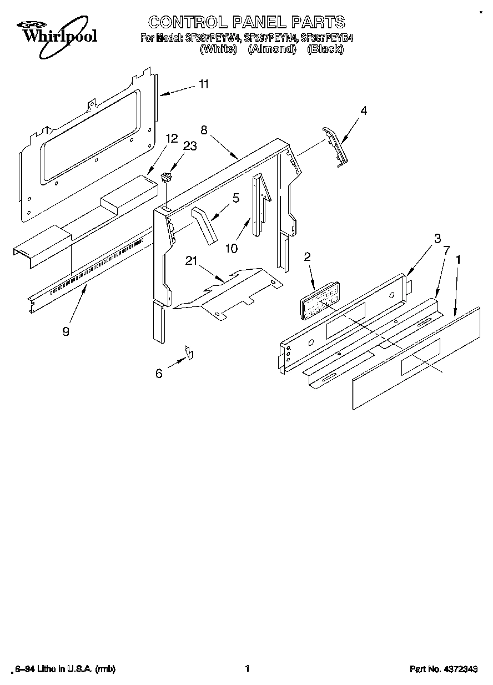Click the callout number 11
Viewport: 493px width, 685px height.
click(204, 84)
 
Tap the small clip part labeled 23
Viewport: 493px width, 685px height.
click(165, 178)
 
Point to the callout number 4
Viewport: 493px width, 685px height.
click(363, 110)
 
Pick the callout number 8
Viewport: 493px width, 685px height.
click(204, 130)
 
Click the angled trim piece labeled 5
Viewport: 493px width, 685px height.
click(204, 225)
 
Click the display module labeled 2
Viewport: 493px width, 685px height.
click(317, 301)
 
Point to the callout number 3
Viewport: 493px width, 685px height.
click(437, 238)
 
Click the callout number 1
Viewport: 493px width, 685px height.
click(458, 259)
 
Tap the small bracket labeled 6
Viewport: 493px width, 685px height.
click(189, 352)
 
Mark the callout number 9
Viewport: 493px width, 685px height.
click(66, 331)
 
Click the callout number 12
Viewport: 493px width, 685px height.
click(171, 138)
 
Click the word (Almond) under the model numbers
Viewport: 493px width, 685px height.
click(271, 49)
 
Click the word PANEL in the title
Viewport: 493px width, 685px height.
click(264, 22)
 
